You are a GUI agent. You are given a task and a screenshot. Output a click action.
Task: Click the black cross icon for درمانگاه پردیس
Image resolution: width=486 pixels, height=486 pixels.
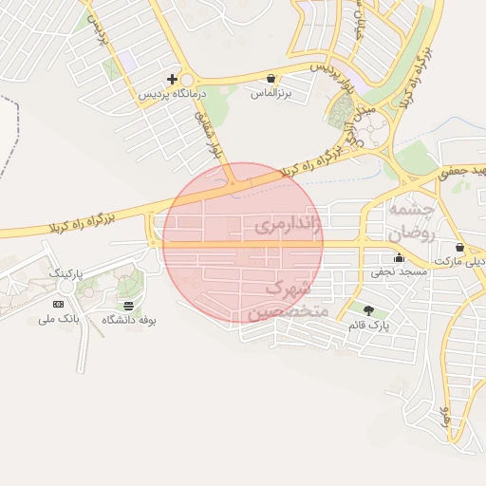tap(172, 79)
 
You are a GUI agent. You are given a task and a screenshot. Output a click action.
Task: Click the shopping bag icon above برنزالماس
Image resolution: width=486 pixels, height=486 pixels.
tap(271, 79)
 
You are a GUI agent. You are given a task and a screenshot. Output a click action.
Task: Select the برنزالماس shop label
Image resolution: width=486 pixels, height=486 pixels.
tap(271, 94)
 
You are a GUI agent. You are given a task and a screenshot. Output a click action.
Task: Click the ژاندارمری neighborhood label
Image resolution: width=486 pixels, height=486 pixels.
tap(289, 226)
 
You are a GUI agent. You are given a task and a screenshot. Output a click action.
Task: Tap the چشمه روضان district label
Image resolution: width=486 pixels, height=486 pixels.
tap(411, 221)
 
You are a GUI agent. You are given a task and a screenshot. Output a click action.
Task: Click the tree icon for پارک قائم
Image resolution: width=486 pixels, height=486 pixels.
tap(368, 310)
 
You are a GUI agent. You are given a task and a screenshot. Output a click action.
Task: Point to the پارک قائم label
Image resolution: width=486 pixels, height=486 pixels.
tap(369, 326)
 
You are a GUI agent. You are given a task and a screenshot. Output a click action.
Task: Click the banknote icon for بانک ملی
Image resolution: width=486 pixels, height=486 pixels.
tap(59, 304)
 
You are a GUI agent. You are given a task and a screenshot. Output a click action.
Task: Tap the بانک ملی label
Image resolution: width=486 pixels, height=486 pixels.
tap(59, 320)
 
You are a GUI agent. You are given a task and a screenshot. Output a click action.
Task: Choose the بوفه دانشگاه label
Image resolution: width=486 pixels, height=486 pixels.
tap(128, 321)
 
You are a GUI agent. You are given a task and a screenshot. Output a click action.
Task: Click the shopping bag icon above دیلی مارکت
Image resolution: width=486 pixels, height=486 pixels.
tap(459, 247)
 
